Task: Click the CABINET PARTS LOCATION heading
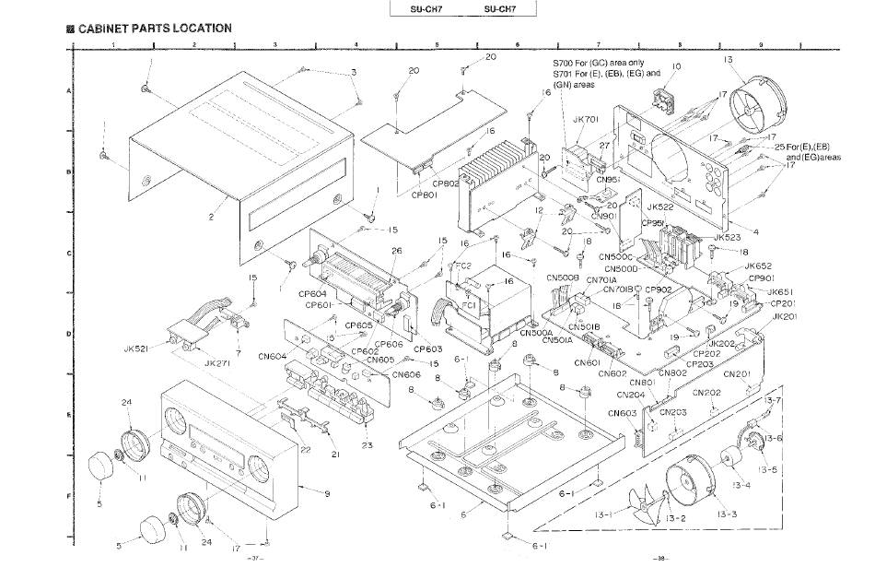154,29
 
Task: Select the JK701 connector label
586,119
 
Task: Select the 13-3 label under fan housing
723,514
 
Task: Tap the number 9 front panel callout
327,493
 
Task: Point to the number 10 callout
676,66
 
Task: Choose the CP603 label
428,349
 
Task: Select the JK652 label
759,266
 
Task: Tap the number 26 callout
397,251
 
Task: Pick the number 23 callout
367,445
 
